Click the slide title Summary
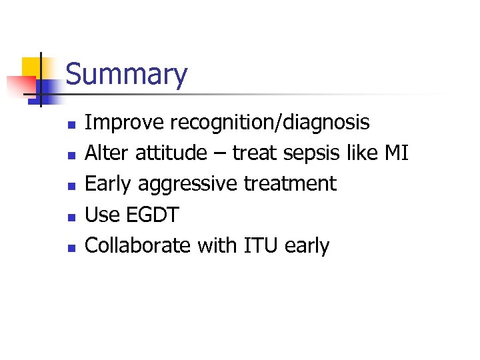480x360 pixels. pyautogui.click(x=127, y=75)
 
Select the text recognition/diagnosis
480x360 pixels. pyautogui.click(x=270, y=123)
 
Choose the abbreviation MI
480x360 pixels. pyautogui.click(x=397, y=153)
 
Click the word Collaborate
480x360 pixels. pyautogui.click(x=138, y=245)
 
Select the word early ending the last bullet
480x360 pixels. pyautogui.click(x=307, y=245)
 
